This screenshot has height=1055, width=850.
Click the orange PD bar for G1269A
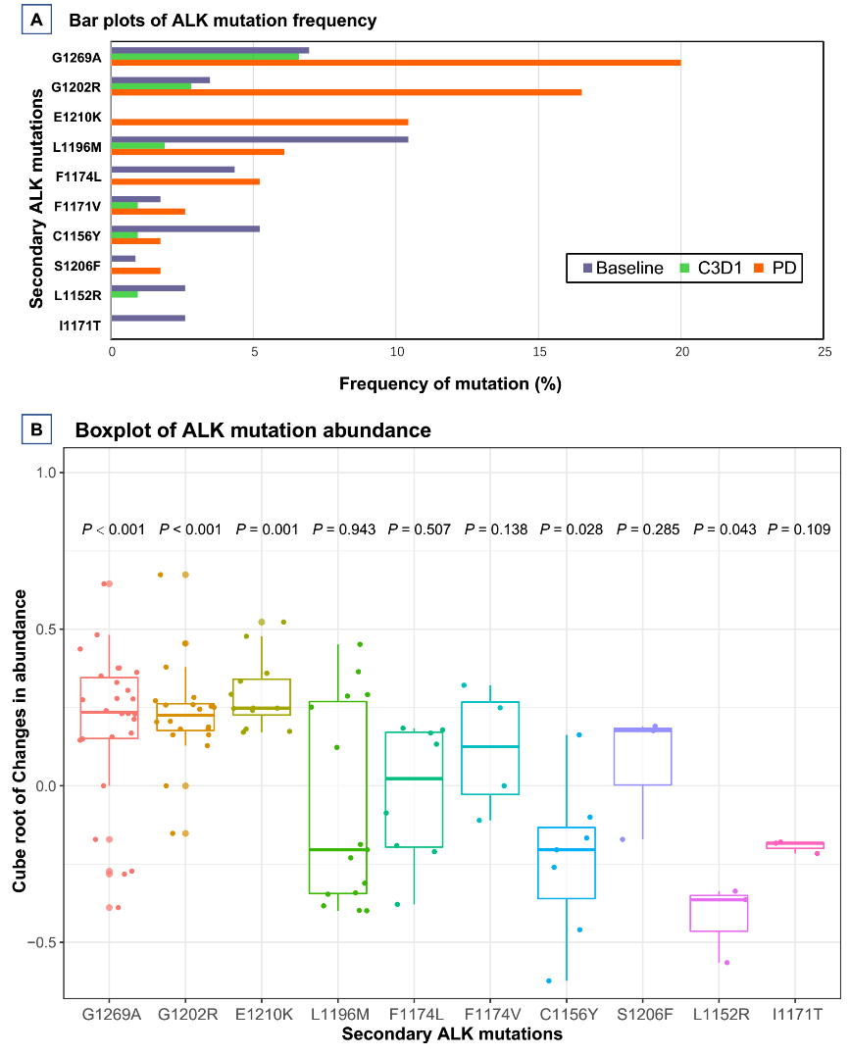click(396, 63)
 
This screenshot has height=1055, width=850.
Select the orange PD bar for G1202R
click(346, 92)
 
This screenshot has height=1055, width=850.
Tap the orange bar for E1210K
click(260, 122)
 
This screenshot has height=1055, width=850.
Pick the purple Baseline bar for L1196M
click(260, 139)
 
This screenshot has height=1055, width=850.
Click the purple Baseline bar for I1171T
click(148, 318)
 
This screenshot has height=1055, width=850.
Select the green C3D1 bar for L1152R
click(125, 294)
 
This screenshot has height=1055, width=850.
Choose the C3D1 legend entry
click(713, 268)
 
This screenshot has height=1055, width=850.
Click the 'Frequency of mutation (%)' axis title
click(450, 383)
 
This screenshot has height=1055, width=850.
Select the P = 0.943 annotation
click(343, 529)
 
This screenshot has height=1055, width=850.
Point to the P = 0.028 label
click(572, 529)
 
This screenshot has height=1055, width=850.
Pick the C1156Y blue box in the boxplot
click(567, 863)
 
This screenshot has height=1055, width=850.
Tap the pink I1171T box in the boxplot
click(795, 845)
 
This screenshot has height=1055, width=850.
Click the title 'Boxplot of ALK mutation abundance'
click(253, 429)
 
